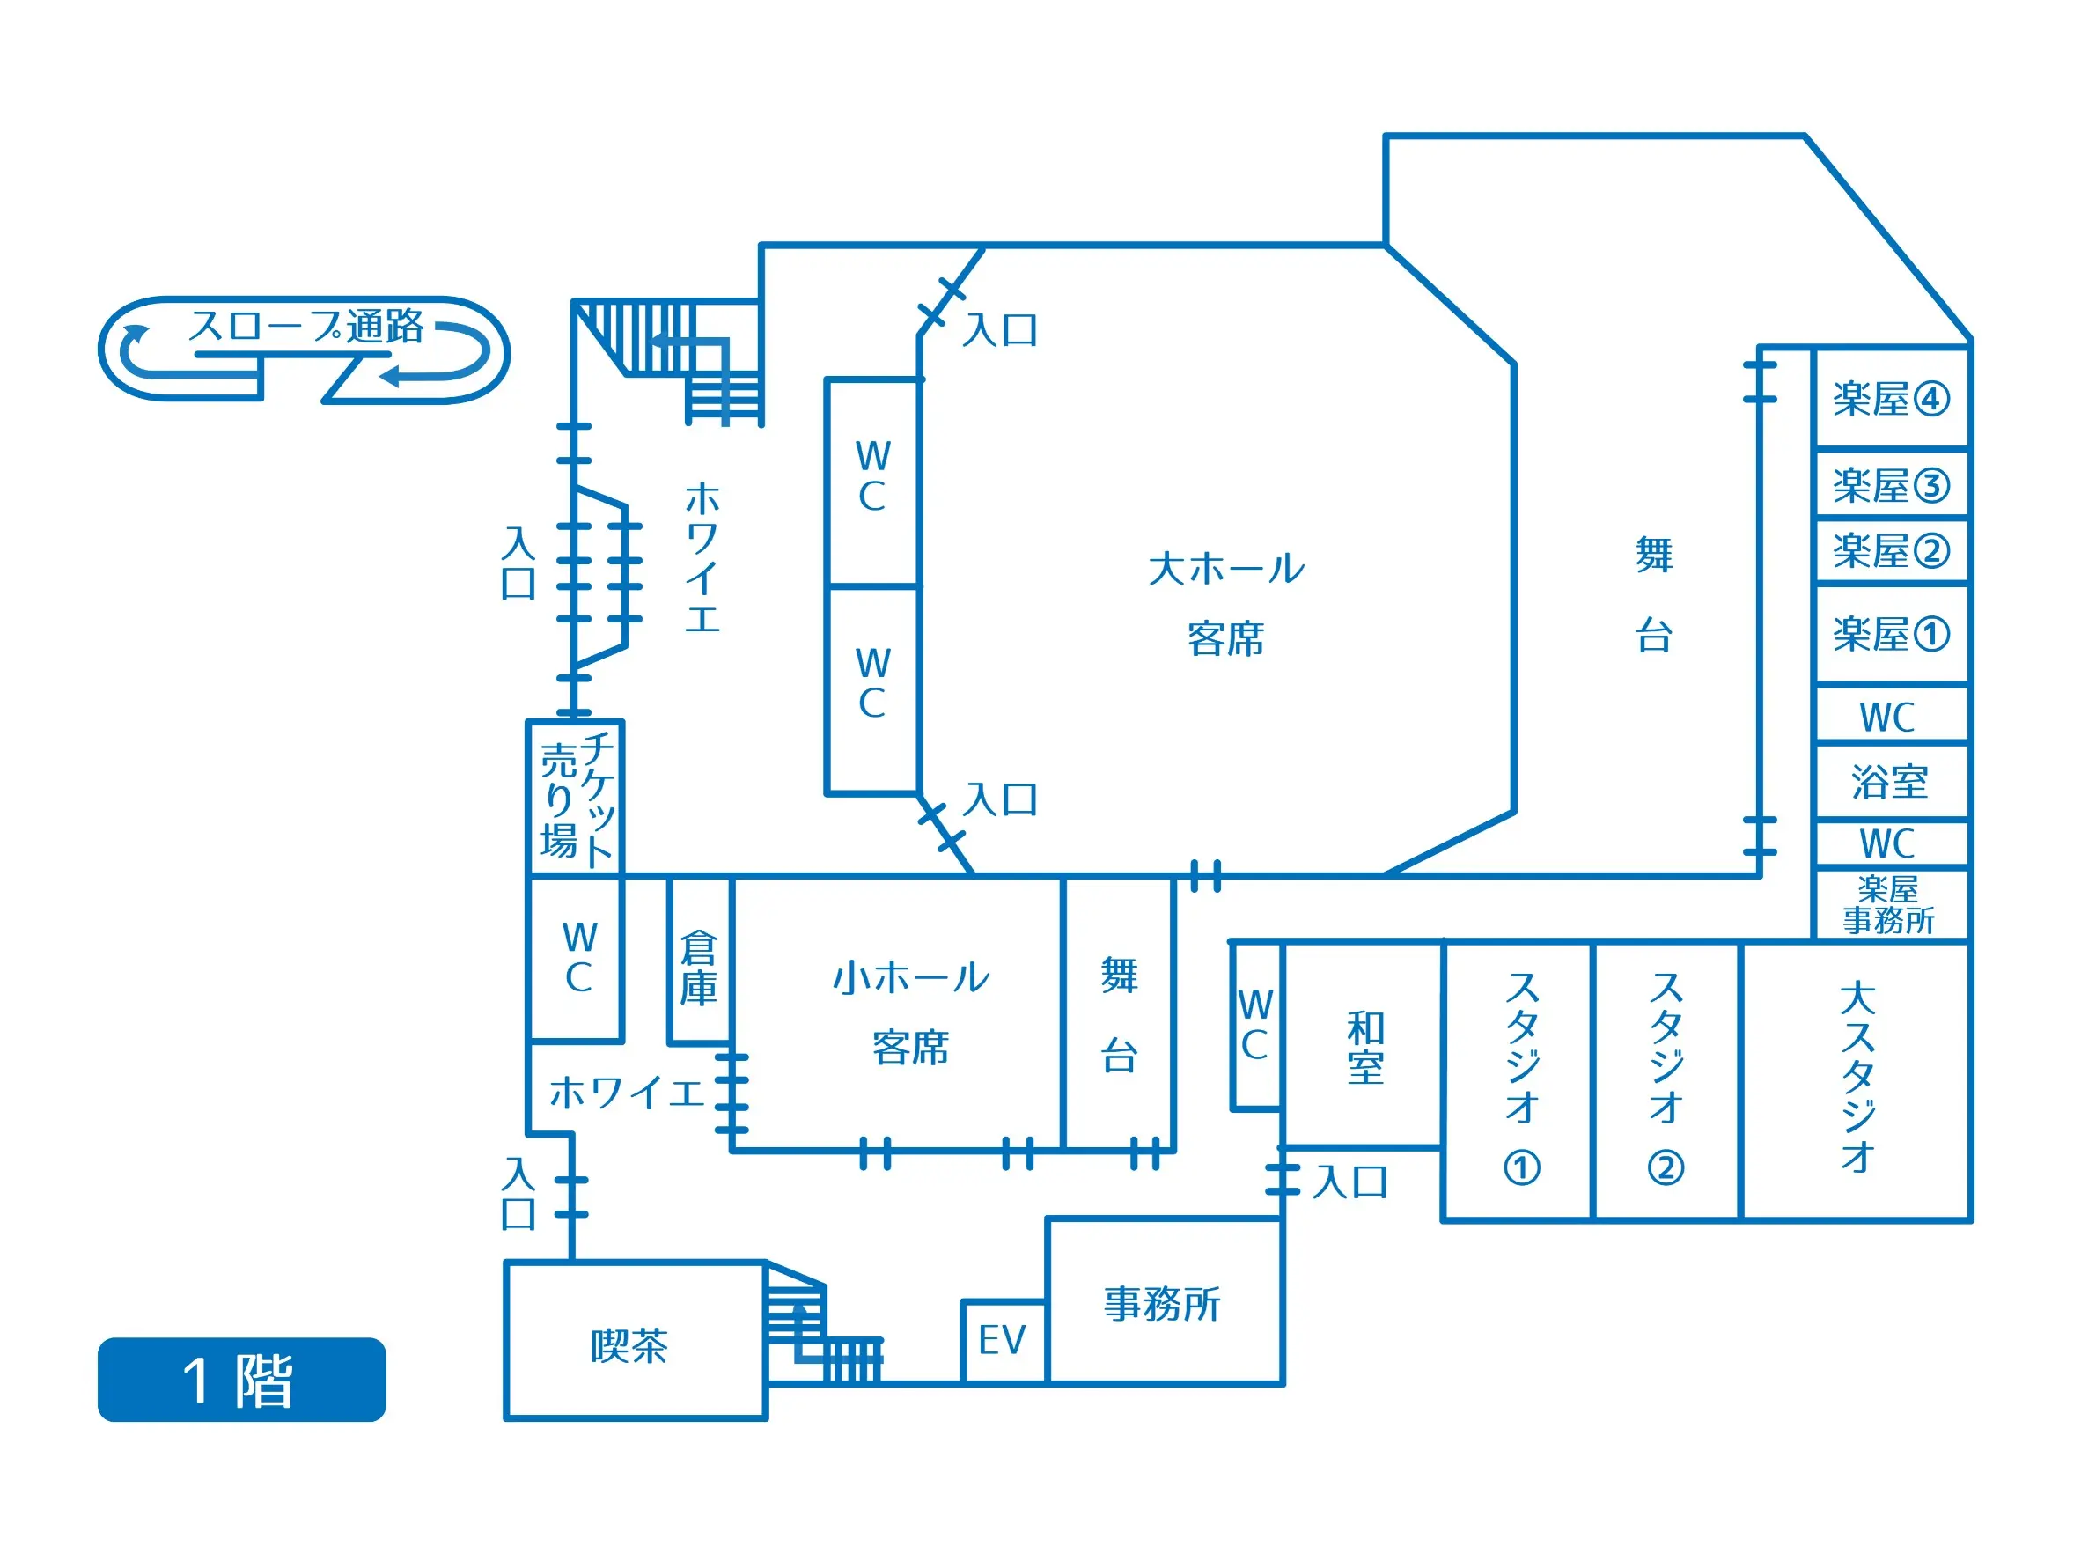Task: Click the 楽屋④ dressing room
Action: (1891, 397)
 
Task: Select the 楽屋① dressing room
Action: (1891, 633)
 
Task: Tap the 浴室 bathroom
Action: (1891, 781)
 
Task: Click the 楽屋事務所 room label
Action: (1888, 904)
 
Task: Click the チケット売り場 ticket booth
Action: (576, 799)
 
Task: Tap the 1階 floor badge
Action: (242, 1380)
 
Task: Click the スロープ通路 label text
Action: (306, 326)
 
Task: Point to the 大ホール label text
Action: (1226, 569)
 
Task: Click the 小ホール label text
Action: (911, 977)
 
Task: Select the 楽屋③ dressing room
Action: (1891, 484)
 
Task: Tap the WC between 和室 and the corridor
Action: (1256, 1025)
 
